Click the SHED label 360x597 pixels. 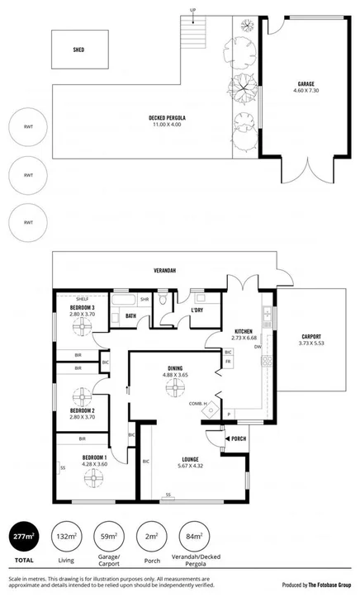[x=79, y=50]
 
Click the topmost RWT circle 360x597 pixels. [x=27, y=129]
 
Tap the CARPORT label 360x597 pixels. [x=311, y=336]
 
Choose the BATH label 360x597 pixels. [x=130, y=315]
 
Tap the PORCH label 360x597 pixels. [x=239, y=438]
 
